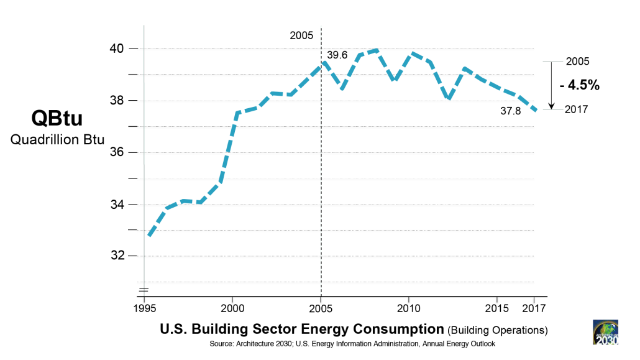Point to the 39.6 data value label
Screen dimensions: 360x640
[337, 55]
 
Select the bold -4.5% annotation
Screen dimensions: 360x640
[579, 86]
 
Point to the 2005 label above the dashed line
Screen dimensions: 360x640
[301, 35]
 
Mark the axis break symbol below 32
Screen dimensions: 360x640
[144, 289]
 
